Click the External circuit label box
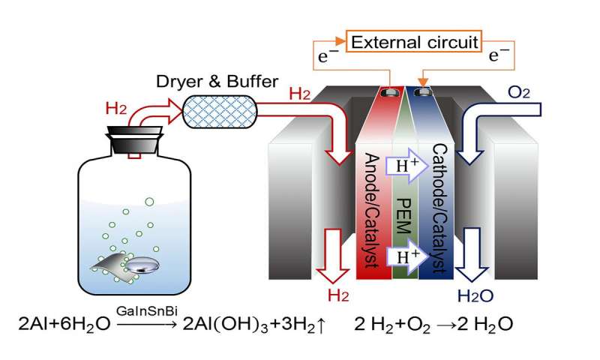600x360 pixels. click(x=414, y=42)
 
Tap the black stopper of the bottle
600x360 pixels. click(x=136, y=138)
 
